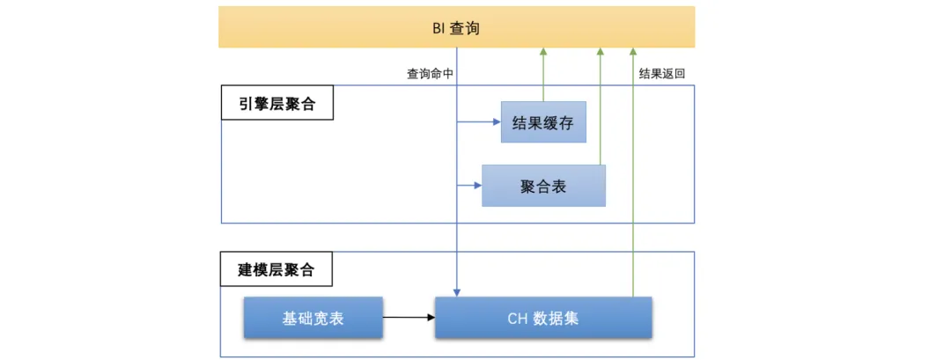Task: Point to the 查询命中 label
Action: pos(430,75)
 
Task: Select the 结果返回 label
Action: pos(661,75)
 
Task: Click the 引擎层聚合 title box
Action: pos(276,105)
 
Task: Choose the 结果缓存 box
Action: pos(543,123)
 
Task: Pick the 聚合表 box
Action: pos(543,186)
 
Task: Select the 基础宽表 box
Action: pos(313,318)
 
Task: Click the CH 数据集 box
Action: pos(543,318)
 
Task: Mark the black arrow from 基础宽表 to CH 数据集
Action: pos(409,318)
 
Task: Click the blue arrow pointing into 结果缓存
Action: pos(479,123)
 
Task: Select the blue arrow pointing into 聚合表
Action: pos(469,186)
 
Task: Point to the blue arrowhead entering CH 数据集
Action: pos(456,291)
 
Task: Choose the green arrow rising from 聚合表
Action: pos(601,106)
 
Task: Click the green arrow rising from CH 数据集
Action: pos(632,176)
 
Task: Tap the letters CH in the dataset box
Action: pos(517,318)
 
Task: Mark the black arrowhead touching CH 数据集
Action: pos(431,318)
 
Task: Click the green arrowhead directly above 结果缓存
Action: pos(543,52)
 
